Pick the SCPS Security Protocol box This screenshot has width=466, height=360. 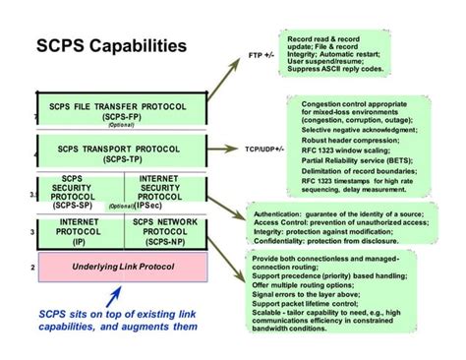tap(81, 192)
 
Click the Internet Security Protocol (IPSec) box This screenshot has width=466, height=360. tap(165, 192)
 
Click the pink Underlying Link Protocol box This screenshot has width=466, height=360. tap(121, 266)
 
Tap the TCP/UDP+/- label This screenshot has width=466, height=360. tap(263, 150)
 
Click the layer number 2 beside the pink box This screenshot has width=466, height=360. tap(32, 267)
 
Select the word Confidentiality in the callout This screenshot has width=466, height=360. tap(279, 238)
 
